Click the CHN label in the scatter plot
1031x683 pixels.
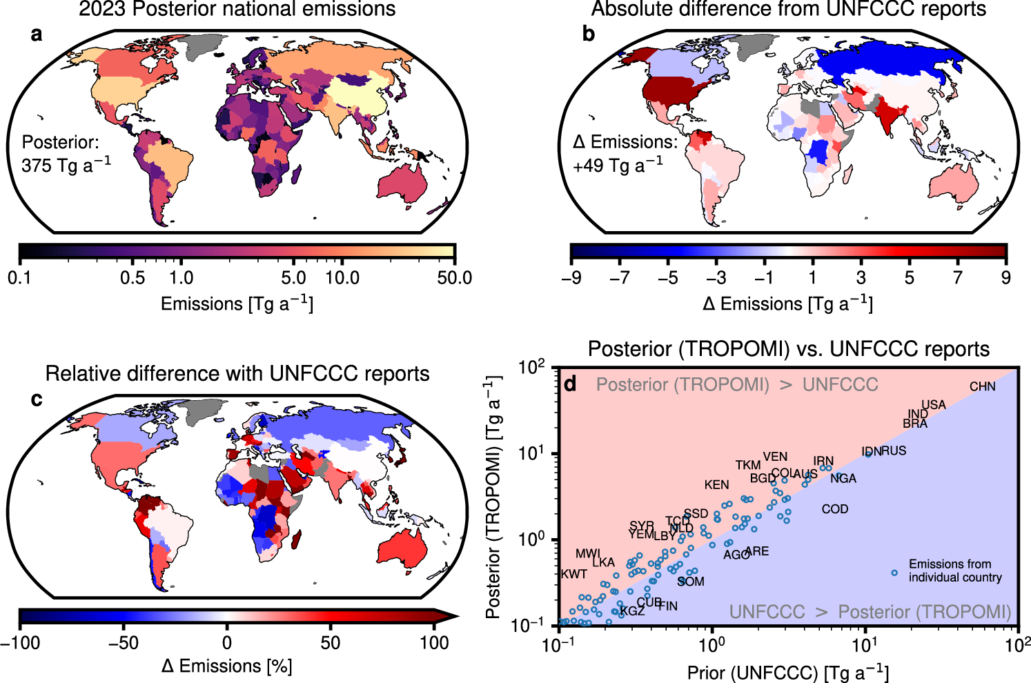[x=982, y=386]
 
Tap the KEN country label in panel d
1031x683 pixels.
[x=716, y=485]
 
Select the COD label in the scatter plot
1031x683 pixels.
[x=834, y=509]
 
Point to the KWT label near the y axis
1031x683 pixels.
[x=573, y=574]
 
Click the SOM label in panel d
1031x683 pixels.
[x=691, y=582]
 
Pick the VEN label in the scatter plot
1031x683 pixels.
[x=775, y=457]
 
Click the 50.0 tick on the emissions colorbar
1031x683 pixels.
[x=455, y=278]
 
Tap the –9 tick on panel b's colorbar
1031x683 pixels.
[x=571, y=278]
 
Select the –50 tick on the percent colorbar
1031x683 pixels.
[x=124, y=642]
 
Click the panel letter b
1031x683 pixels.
[x=588, y=34]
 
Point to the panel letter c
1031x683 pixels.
[x=36, y=399]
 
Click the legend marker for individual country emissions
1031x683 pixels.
[x=894, y=573]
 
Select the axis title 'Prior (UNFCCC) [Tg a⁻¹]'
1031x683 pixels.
[x=787, y=673]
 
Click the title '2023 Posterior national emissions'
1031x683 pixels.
[x=237, y=10]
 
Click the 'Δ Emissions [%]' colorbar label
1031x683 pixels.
[x=226, y=666]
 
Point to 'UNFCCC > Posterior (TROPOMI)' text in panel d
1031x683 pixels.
[x=870, y=612]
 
